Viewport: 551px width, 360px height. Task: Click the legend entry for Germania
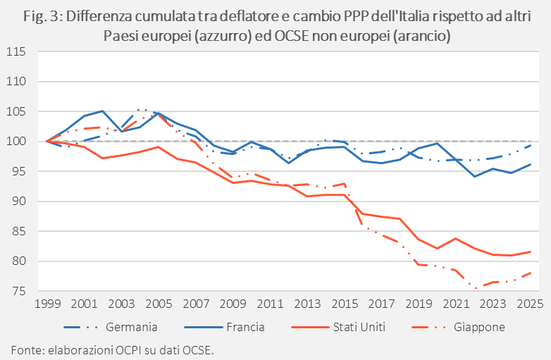pos(111,328)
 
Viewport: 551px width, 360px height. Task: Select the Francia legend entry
pos(224,328)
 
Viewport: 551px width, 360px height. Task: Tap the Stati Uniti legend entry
pos(338,328)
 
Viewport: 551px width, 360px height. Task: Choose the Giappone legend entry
pos(458,328)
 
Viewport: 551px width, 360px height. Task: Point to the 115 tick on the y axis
pos(16,52)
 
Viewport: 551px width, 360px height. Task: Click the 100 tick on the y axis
pos(16,142)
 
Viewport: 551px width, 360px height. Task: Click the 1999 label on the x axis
pos(47,304)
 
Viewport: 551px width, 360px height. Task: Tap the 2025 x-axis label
pos(530,304)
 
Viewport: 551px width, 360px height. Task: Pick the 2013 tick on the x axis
pos(307,304)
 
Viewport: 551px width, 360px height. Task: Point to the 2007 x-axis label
pos(196,304)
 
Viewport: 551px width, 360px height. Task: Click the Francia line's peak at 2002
pos(103,111)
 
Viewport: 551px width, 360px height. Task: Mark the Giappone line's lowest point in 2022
pos(475,289)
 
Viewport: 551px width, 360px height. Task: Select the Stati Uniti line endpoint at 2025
pos(531,252)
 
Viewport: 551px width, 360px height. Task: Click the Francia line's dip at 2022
pos(475,176)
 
